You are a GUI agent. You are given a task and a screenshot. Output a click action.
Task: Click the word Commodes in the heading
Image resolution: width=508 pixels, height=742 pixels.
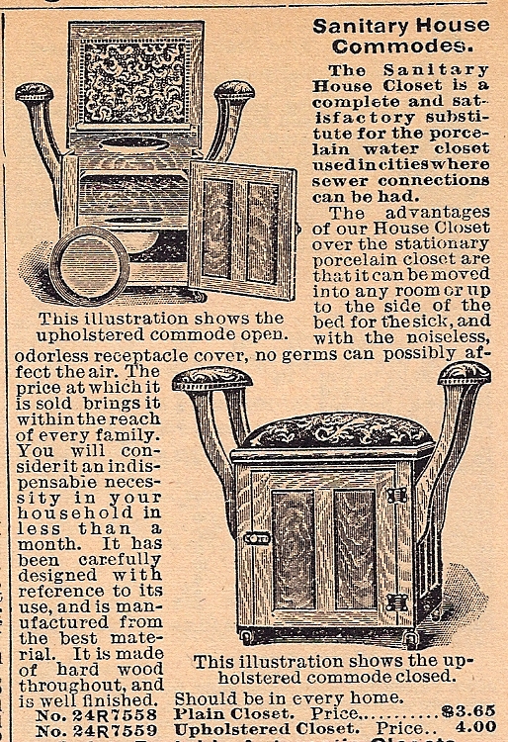pyautogui.click(x=402, y=46)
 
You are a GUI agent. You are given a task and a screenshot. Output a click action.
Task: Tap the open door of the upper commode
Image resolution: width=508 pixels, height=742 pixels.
pyautogui.click(x=243, y=230)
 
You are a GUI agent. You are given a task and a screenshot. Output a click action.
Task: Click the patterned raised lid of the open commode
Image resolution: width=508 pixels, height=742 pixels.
pyautogui.click(x=135, y=76)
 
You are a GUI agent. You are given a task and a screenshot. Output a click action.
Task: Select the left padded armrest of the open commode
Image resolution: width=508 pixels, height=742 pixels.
pyautogui.click(x=34, y=91)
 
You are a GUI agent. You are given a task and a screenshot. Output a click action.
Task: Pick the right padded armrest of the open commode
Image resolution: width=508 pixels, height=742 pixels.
pyautogui.click(x=234, y=90)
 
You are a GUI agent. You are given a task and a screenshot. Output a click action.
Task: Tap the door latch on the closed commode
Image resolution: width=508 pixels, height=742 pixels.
pyautogui.click(x=257, y=538)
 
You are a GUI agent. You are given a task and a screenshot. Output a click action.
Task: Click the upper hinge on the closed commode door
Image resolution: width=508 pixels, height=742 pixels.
pyautogui.click(x=396, y=495)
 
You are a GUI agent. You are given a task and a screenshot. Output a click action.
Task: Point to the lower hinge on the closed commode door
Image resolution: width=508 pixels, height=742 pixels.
pyautogui.click(x=396, y=603)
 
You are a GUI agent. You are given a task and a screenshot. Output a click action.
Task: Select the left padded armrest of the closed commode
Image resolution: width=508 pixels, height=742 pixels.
pyautogui.click(x=212, y=379)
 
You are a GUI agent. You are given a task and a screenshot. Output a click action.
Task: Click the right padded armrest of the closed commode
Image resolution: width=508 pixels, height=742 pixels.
pyautogui.click(x=465, y=374)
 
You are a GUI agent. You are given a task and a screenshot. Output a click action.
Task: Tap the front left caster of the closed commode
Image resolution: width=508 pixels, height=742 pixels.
pyautogui.click(x=246, y=636)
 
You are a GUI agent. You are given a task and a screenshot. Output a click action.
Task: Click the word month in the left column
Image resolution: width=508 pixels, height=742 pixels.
pyautogui.click(x=46, y=544)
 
